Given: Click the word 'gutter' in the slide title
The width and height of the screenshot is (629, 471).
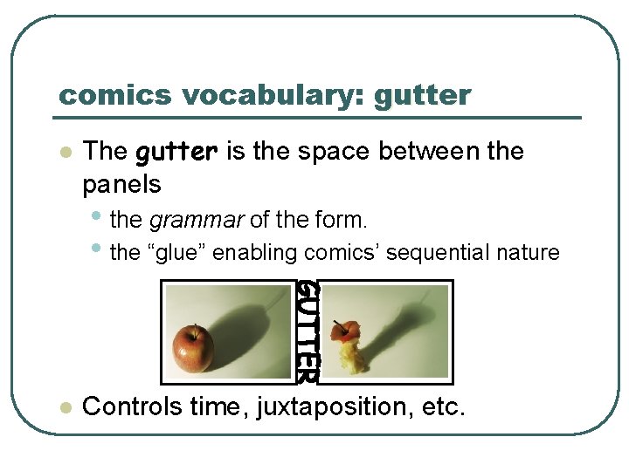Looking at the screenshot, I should click(422, 95).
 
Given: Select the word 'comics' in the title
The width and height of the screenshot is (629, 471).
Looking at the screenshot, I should click(100, 95).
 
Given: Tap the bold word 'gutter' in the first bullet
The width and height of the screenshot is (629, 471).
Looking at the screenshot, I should click(177, 152).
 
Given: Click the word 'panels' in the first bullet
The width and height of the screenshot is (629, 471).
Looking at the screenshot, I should click(121, 184).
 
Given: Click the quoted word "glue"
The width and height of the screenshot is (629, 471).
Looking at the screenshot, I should click(178, 253).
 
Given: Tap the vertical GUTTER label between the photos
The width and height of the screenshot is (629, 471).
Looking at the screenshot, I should click(307, 331).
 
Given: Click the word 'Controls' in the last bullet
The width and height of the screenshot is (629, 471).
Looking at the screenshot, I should click(132, 406).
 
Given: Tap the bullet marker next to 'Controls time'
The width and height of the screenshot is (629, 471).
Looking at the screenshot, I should click(63, 407).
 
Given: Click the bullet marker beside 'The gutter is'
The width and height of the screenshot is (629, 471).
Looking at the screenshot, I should click(63, 152).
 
